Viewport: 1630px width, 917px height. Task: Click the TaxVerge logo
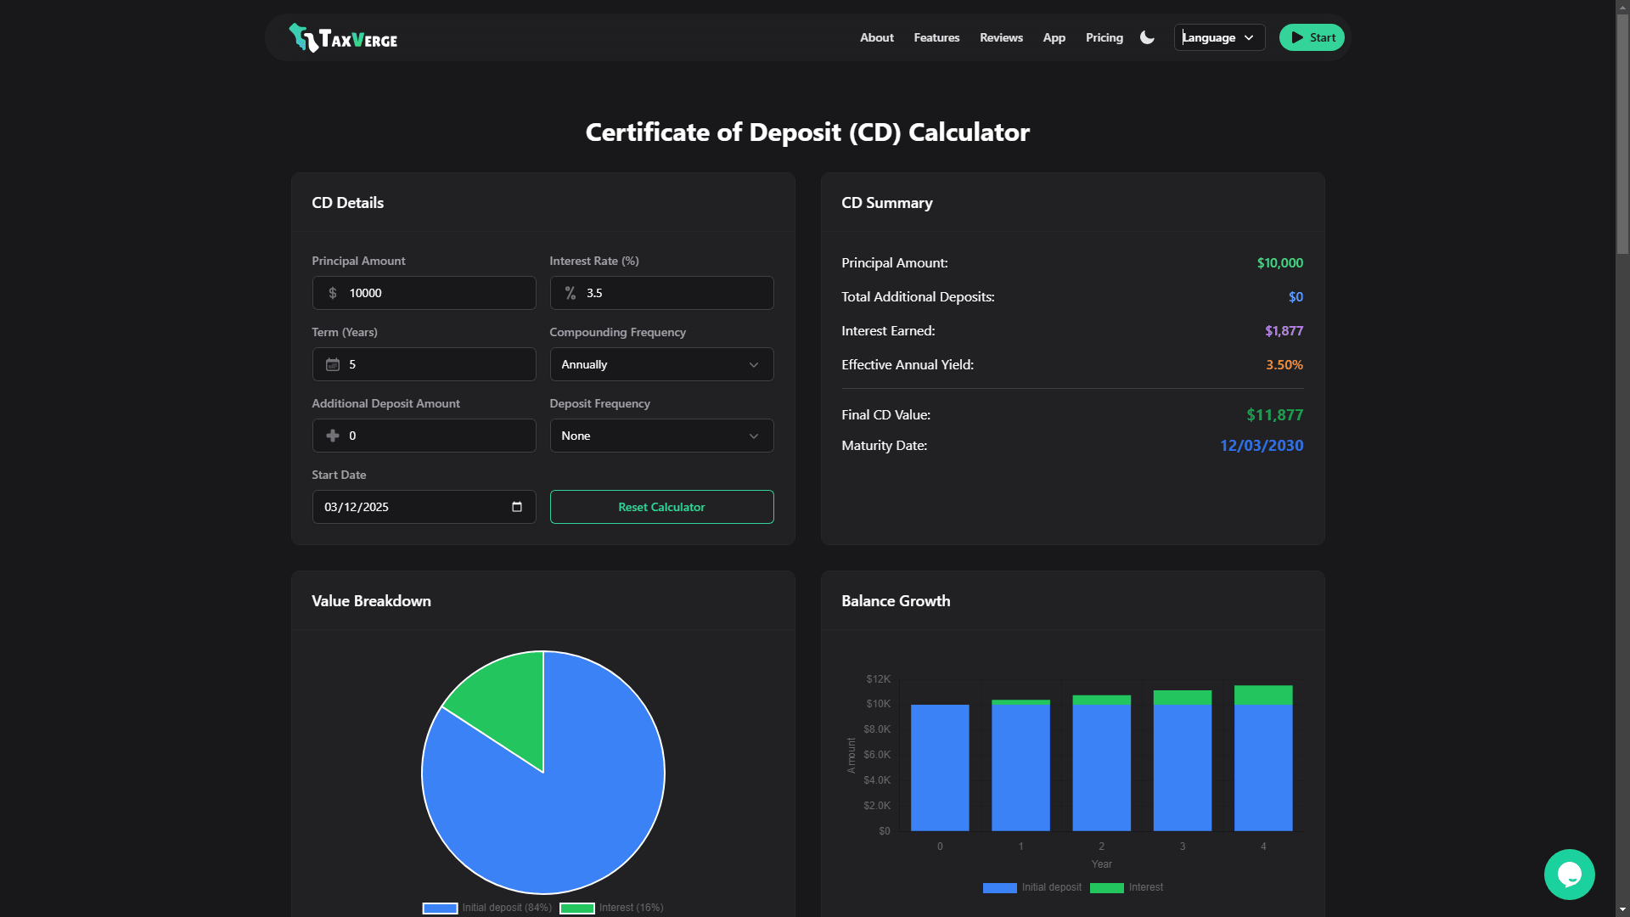click(343, 38)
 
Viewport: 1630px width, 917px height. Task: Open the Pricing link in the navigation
click(1104, 37)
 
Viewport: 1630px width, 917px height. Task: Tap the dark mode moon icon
click(1147, 37)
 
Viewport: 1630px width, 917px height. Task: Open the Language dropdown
click(1219, 37)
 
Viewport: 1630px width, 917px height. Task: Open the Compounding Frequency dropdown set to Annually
click(661, 364)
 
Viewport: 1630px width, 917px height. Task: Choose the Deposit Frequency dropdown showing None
click(661, 436)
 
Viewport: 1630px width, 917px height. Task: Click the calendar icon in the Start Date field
click(517, 507)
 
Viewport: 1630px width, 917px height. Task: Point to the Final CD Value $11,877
click(1273, 415)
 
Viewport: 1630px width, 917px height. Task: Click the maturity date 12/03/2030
click(1261, 446)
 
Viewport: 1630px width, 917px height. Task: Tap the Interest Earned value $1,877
click(1283, 331)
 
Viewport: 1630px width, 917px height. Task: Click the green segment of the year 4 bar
click(1263, 695)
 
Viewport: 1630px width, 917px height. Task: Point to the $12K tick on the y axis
click(878, 679)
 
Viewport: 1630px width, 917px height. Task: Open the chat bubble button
click(1569, 875)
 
